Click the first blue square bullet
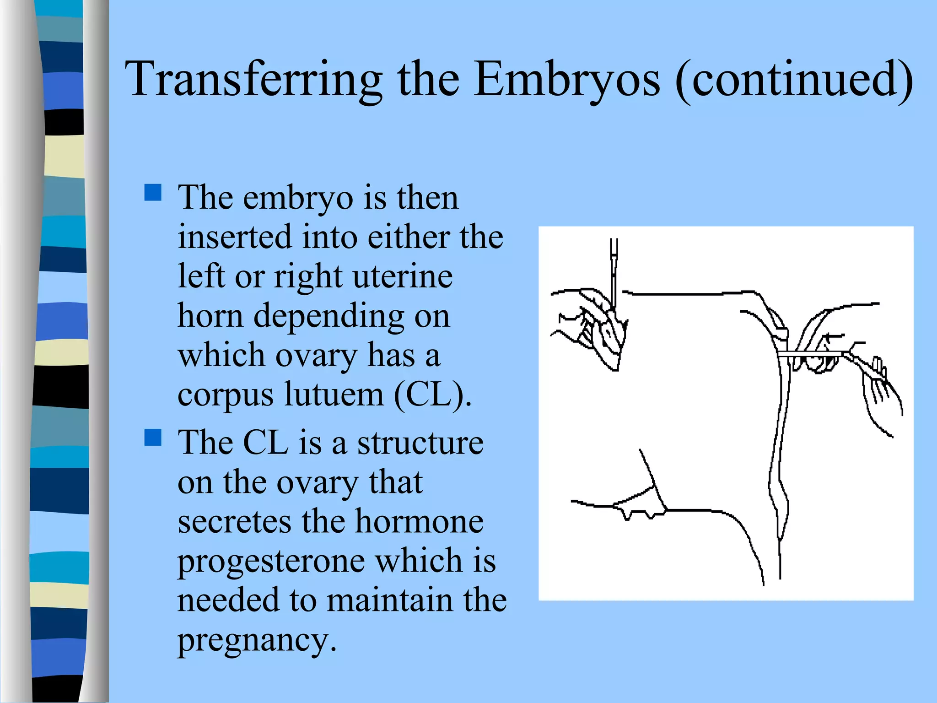point(153,193)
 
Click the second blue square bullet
point(153,438)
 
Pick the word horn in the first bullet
point(210,315)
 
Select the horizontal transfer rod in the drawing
point(810,354)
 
